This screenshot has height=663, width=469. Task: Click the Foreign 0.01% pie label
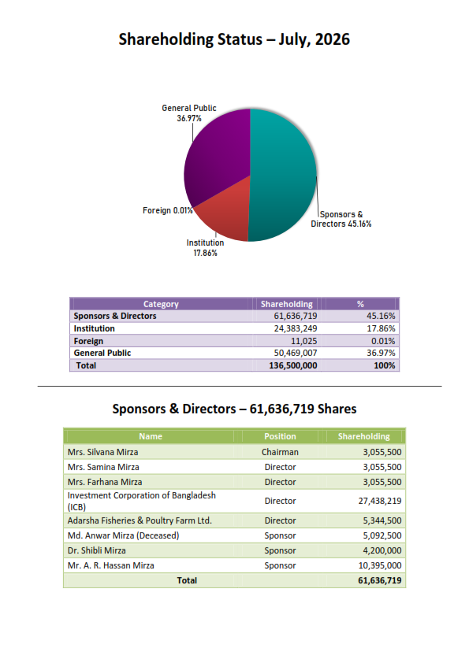(x=168, y=210)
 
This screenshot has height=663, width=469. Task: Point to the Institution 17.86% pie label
(x=205, y=248)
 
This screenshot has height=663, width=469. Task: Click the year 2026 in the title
(x=333, y=39)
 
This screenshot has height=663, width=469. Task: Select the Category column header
(x=161, y=304)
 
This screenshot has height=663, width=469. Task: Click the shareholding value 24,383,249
(x=296, y=328)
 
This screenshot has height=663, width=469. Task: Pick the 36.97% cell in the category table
(x=381, y=353)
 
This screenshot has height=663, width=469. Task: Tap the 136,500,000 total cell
(x=293, y=365)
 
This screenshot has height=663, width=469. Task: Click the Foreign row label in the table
(x=88, y=341)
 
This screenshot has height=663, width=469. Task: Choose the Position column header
(x=280, y=436)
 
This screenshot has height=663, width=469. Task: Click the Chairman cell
(x=280, y=452)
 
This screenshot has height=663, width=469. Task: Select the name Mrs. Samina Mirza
(x=103, y=467)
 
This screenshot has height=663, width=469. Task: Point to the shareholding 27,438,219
(x=380, y=501)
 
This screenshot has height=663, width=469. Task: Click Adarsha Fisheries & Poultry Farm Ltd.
(x=140, y=520)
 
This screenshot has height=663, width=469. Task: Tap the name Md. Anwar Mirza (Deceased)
(x=123, y=535)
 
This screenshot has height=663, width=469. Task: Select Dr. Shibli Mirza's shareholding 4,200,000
(x=382, y=550)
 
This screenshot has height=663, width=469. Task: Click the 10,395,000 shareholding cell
(x=380, y=565)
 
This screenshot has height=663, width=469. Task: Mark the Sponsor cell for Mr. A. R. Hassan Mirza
(x=280, y=565)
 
